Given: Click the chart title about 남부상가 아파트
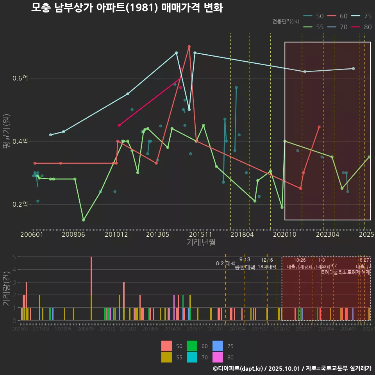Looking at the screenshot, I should [127, 8].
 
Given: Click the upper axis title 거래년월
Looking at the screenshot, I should [201, 243].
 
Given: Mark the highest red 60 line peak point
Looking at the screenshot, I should [189, 46].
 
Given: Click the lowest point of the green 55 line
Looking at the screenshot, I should [83, 220].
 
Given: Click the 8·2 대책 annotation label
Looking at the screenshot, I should [226, 263].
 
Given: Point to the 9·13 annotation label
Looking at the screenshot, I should [245, 260].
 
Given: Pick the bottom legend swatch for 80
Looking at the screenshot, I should [218, 357].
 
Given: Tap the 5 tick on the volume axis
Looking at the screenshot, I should [14, 257].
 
